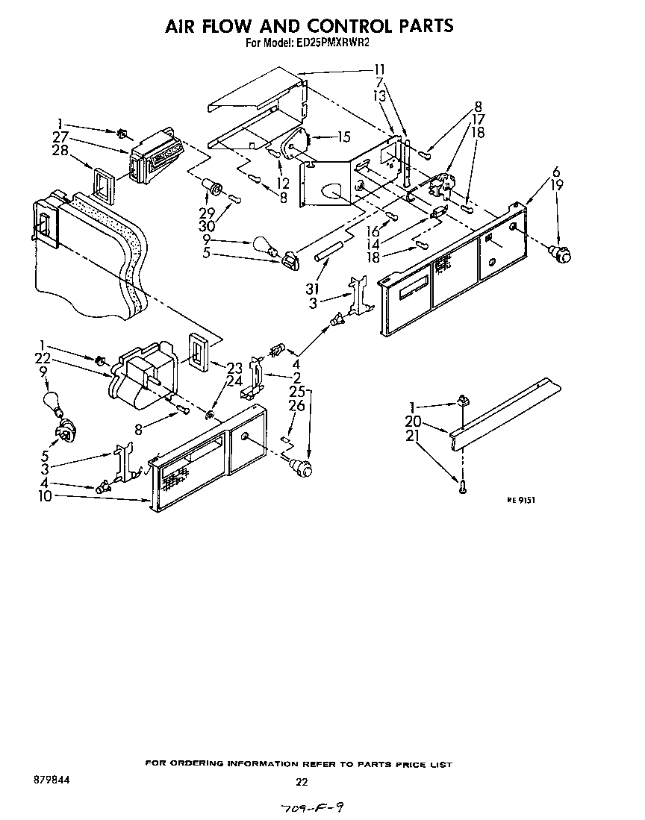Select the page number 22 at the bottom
[302, 782]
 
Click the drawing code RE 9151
[521, 501]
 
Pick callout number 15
[343, 137]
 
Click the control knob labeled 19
[561, 254]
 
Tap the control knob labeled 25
[301, 468]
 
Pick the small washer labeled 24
[211, 413]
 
